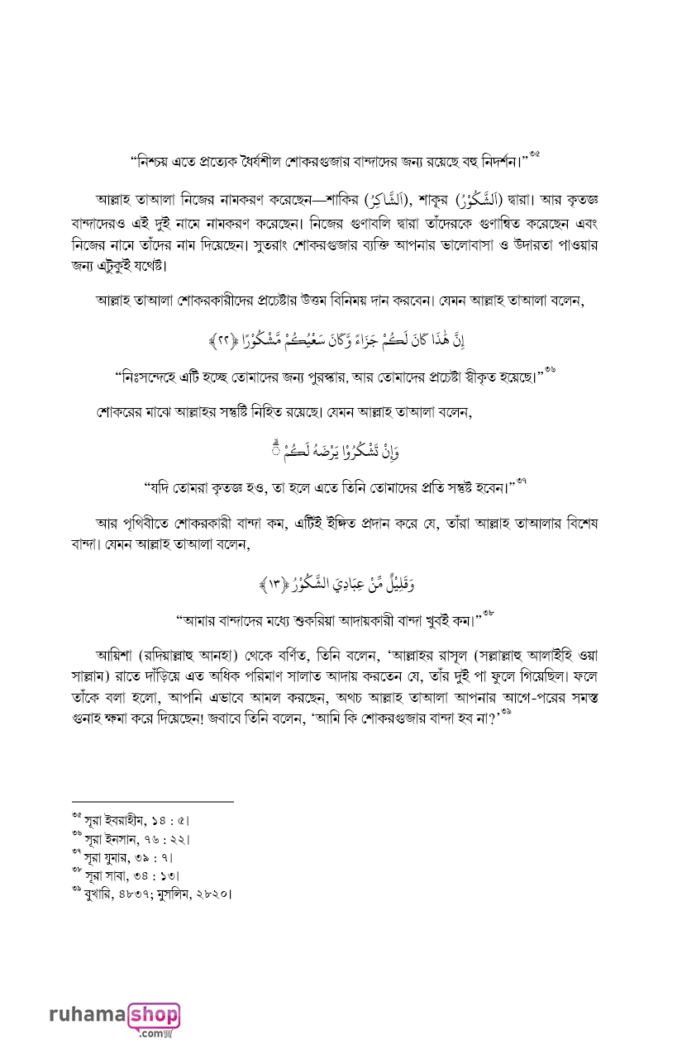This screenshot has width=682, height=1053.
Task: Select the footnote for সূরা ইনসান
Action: pyautogui.click(x=136, y=839)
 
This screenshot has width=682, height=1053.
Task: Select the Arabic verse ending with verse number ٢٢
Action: pyautogui.click(x=341, y=339)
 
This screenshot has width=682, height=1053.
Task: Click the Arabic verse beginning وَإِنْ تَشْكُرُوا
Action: pyautogui.click(x=341, y=452)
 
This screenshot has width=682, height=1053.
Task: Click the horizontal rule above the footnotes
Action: pyautogui.click(x=153, y=801)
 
